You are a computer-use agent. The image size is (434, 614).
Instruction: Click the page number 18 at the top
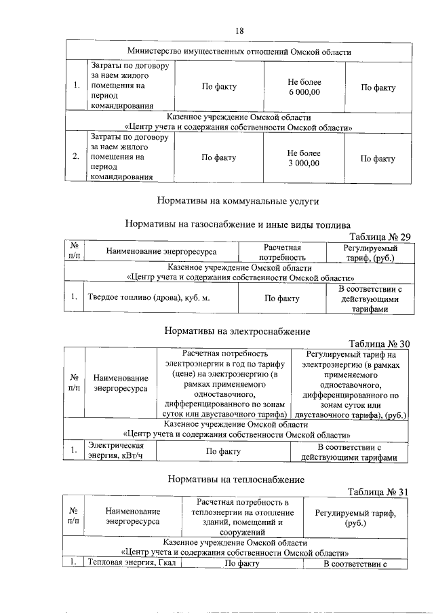(239, 31)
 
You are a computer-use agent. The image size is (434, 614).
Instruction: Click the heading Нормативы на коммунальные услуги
(237, 201)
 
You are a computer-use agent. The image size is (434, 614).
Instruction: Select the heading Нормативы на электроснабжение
(237, 331)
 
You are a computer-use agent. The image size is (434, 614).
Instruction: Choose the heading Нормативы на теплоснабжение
(237, 480)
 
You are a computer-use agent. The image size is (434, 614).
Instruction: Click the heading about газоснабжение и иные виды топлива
(237, 225)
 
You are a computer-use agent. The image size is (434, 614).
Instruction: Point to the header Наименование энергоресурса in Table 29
(161, 252)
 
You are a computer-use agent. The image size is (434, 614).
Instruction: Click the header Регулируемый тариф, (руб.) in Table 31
(355, 519)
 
